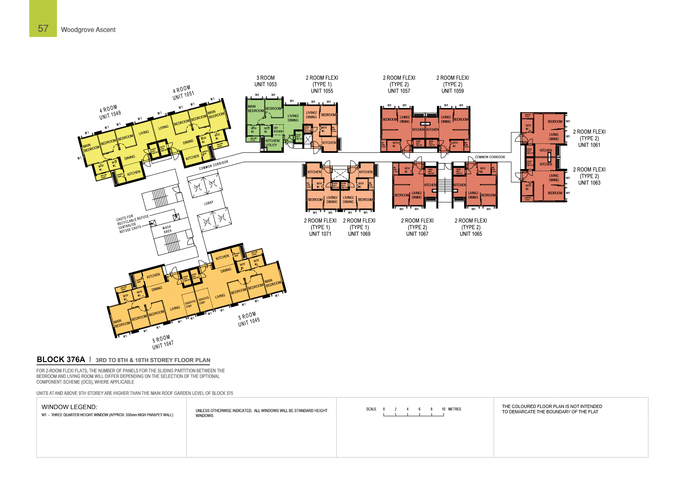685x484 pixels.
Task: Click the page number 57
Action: click(x=43, y=28)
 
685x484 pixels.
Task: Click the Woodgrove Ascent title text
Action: click(x=88, y=30)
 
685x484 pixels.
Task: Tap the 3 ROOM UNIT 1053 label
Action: click(x=266, y=81)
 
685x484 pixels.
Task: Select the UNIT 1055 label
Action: click(x=322, y=91)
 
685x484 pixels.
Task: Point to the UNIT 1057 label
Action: click(x=399, y=91)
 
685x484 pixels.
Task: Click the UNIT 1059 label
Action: click(x=452, y=91)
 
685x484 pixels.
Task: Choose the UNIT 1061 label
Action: click(x=589, y=145)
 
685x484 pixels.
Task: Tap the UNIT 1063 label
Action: click(x=589, y=183)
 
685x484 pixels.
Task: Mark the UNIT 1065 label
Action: click(x=471, y=234)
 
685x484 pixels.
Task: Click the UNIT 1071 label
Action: click(x=320, y=234)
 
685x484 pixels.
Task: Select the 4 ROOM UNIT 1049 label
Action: click(x=109, y=113)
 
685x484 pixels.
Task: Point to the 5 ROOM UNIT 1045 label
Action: click(x=248, y=319)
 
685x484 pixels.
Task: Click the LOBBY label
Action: click(x=209, y=203)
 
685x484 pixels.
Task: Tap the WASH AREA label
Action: click(x=167, y=230)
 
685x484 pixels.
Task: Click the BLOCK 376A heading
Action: click(x=61, y=360)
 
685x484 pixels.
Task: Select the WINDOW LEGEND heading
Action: click(x=69, y=407)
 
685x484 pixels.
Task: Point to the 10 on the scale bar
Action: click(x=443, y=409)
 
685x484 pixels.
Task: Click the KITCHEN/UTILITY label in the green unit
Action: click(x=272, y=143)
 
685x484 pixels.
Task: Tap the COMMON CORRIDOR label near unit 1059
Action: click(x=490, y=157)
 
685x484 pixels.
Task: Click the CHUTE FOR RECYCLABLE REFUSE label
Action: click(x=132, y=219)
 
